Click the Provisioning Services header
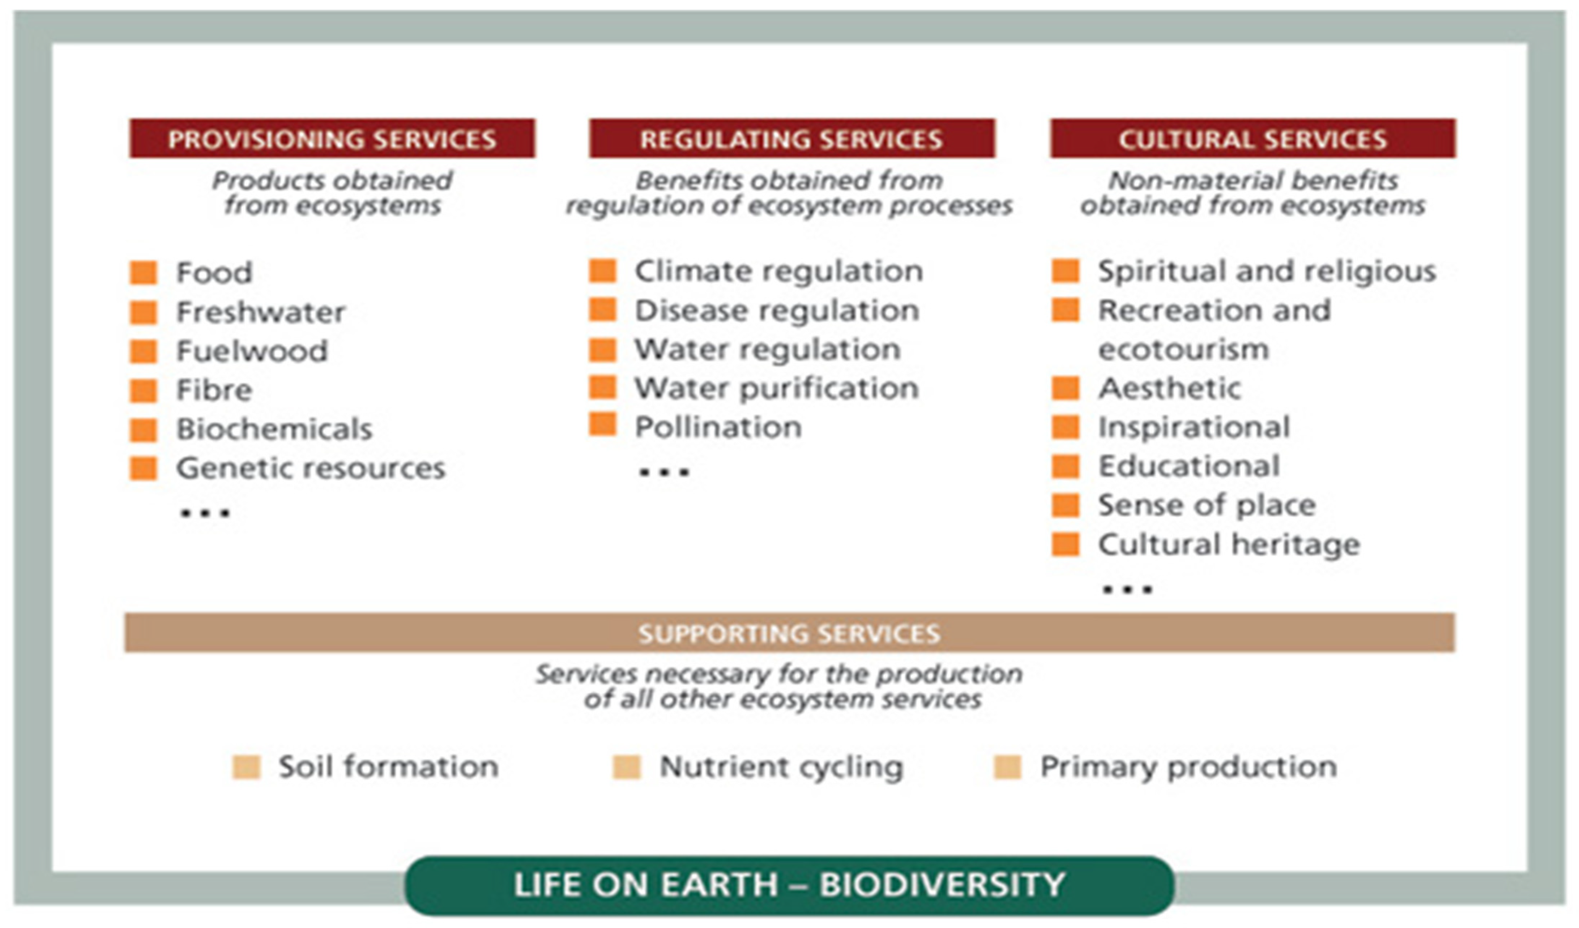tap(332, 138)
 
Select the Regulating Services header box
tap(792, 138)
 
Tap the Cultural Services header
tap(1253, 138)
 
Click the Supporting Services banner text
tap(790, 634)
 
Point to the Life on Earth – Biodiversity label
tap(790, 885)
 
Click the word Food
tap(214, 273)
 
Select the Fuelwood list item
tap(252, 351)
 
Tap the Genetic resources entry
tap(311, 468)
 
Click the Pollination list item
tap(718, 427)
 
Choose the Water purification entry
tap(777, 389)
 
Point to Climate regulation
tap(779, 271)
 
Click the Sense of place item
tap(1207, 505)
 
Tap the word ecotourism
tap(1184, 350)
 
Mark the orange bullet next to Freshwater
tap(144, 312)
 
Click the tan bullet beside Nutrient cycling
tap(627, 767)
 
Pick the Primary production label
tap(1188, 767)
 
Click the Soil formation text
tap(388, 767)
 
